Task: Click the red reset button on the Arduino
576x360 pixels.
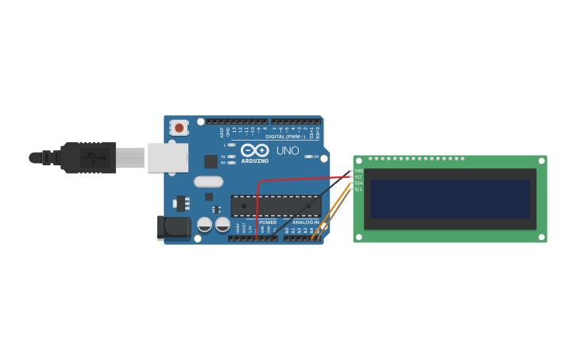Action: click(179, 127)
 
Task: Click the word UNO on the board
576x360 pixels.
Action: click(287, 150)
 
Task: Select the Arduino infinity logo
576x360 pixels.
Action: click(254, 149)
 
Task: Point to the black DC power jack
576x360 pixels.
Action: click(173, 227)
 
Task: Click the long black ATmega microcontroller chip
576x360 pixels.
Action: click(276, 206)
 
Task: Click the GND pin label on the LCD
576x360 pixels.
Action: click(358, 171)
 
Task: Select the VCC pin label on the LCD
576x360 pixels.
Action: click(358, 176)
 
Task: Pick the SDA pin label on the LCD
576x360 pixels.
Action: click(358, 183)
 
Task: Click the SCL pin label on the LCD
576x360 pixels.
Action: click(358, 189)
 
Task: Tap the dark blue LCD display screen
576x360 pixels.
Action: click(450, 199)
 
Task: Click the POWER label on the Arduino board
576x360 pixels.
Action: click(268, 223)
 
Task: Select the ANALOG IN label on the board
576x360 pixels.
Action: click(305, 223)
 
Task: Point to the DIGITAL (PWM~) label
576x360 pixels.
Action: click(285, 136)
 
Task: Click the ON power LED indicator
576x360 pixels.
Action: click(308, 157)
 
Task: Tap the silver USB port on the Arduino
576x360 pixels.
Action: click(168, 157)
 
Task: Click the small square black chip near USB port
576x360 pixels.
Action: click(211, 161)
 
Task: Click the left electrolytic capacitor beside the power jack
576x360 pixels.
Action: click(205, 225)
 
